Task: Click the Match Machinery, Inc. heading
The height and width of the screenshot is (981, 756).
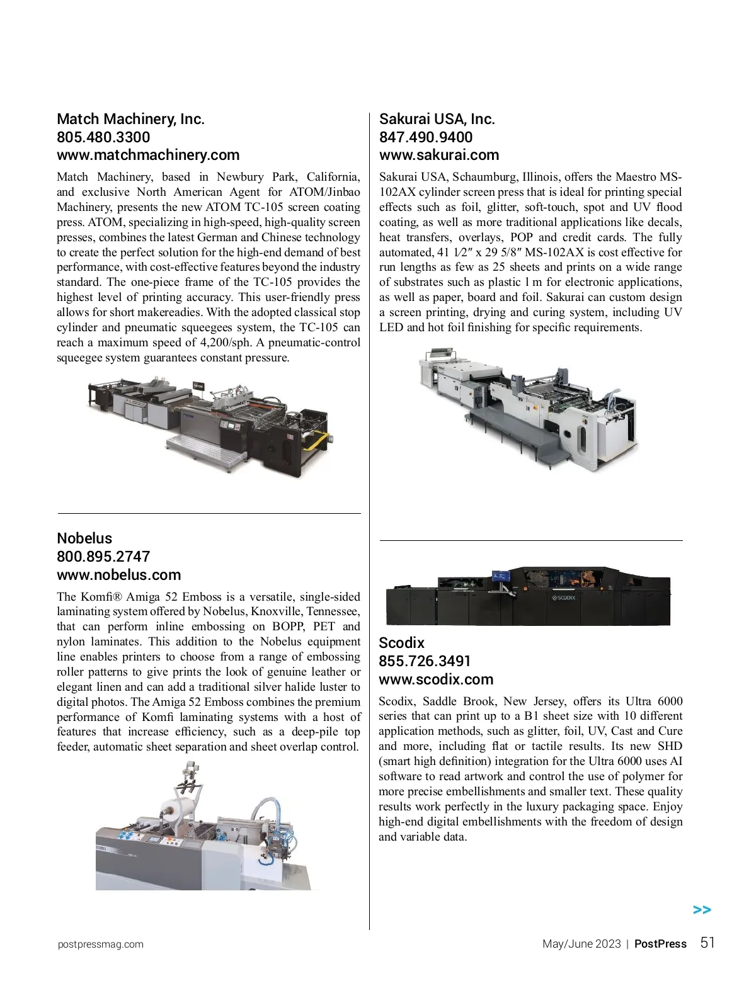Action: tap(130, 119)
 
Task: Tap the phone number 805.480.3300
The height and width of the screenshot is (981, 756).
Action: tap(103, 137)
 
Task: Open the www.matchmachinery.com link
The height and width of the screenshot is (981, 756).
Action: tap(148, 155)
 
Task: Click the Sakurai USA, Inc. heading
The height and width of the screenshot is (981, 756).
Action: tap(437, 119)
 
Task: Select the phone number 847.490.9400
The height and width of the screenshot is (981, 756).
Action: tap(425, 137)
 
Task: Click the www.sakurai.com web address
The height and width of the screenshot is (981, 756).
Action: tap(438, 155)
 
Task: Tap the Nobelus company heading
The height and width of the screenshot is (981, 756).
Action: tap(84, 538)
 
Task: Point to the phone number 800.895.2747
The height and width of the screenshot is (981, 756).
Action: tap(103, 557)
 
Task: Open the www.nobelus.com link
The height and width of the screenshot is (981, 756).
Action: tap(118, 575)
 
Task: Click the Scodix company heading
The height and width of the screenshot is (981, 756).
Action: tap(401, 643)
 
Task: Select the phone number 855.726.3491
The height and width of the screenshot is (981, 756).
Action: tap(425, 661)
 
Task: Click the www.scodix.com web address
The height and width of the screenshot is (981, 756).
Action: tap(436, 679)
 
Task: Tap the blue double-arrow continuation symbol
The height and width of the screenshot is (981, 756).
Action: tap(702, 910)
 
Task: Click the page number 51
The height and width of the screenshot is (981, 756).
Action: tap(708, 943)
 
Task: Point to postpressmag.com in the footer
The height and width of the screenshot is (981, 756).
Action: tap(100, 944)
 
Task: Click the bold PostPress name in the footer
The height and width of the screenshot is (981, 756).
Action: tap(660, 944)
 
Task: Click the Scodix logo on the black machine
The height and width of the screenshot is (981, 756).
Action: tap(564, 598)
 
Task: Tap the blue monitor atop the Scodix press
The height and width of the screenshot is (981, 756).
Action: tap(501, 576)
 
